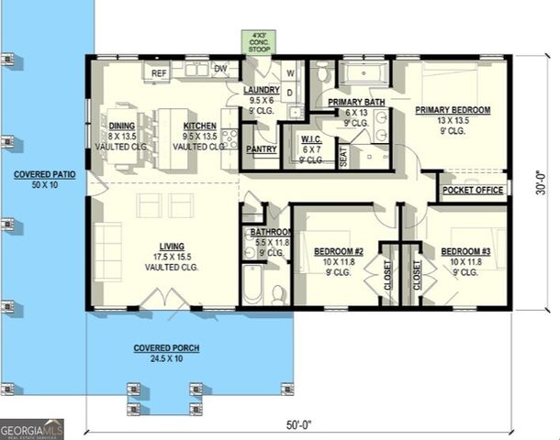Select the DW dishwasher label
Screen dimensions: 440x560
click(x=220, y=69)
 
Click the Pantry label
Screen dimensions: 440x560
click(x=262, y=148)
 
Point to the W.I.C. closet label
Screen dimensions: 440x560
click(x=310, y=140)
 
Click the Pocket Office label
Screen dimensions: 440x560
click(x=473, y=191)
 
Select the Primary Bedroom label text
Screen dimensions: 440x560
click(x=453, y=110)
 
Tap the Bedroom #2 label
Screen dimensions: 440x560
click(x=340, y=251)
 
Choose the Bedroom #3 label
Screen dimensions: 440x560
click(x=465, y=251)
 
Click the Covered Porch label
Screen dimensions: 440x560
click(x=166, y=348)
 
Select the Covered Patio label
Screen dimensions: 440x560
click(x=42, y=174)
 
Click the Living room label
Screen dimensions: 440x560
click(x=172, y=247)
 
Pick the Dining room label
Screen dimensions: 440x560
click(x=122, y=126)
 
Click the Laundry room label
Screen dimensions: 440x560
click(x=262, y=90)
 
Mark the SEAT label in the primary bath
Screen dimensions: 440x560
click(x=343, y=157)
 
